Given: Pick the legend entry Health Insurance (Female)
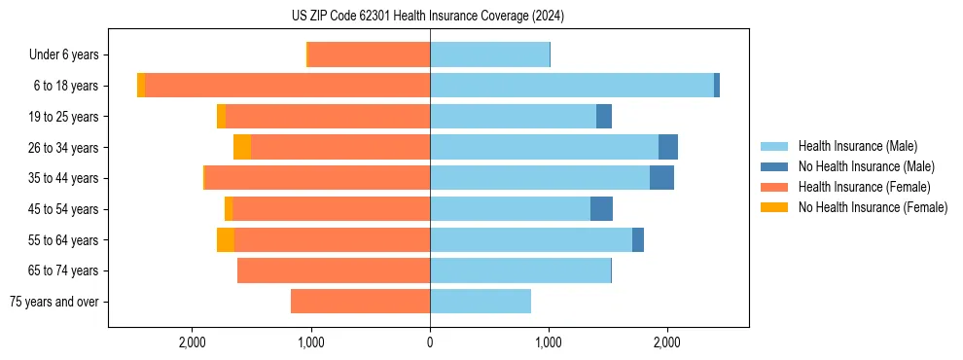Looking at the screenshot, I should pyautogui.click(x=864, y=187).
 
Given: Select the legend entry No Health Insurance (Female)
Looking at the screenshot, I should pyautogui.click(x=873, y=207).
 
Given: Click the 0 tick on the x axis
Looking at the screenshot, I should pyautogui.click(x=430, y=342).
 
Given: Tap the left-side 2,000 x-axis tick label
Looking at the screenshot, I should pyautogui.click(x=193, y=342).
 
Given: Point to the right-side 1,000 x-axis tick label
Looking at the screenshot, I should pyautogui.click(x=549, y=342).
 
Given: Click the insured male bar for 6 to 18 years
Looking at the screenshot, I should pyautogui.click(x=572, y=86).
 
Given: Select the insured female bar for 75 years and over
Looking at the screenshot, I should pyautogui.click(x=360, y=302).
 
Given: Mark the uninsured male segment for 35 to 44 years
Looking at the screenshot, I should pyautogui.click(x=661, y=178).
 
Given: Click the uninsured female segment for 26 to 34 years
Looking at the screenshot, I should pyautogui.click(x=242, y=147).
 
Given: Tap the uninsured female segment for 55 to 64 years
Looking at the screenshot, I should pyautogui.click(x=226, y=239).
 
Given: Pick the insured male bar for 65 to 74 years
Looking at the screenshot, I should pyautogui.click(x=520, y=270).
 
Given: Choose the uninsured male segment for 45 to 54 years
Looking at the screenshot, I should pyautogui.click(x=601, y=209).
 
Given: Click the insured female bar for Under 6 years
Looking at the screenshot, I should pyautogui.click(x=369, y=55).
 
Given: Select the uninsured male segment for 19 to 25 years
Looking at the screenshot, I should pyautogui.click(x=604, y=117).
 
